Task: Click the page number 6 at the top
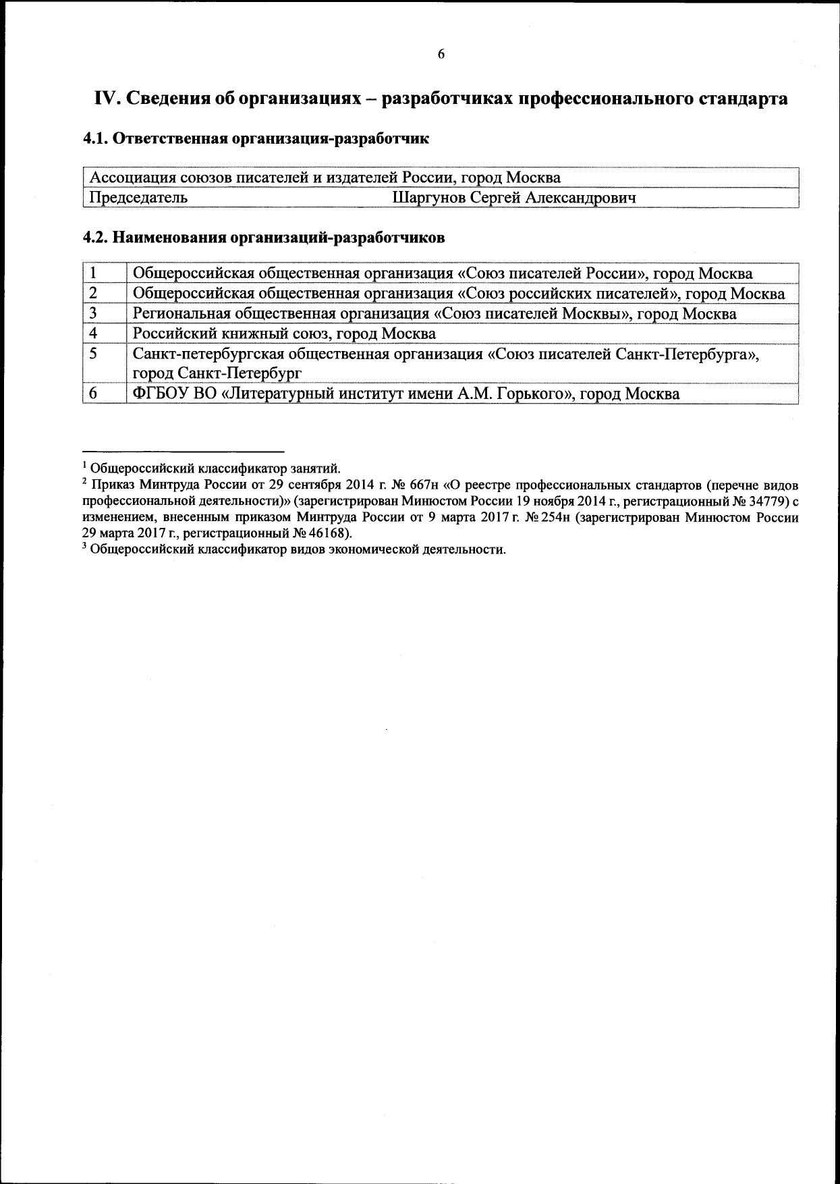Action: click(x=441, y=55)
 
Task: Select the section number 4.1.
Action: click(x=96, y=139)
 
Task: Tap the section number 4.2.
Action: click(x=96, y=238)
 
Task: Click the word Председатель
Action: click(x=139, y=198)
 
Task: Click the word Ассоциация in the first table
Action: click(x=132, y=178)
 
